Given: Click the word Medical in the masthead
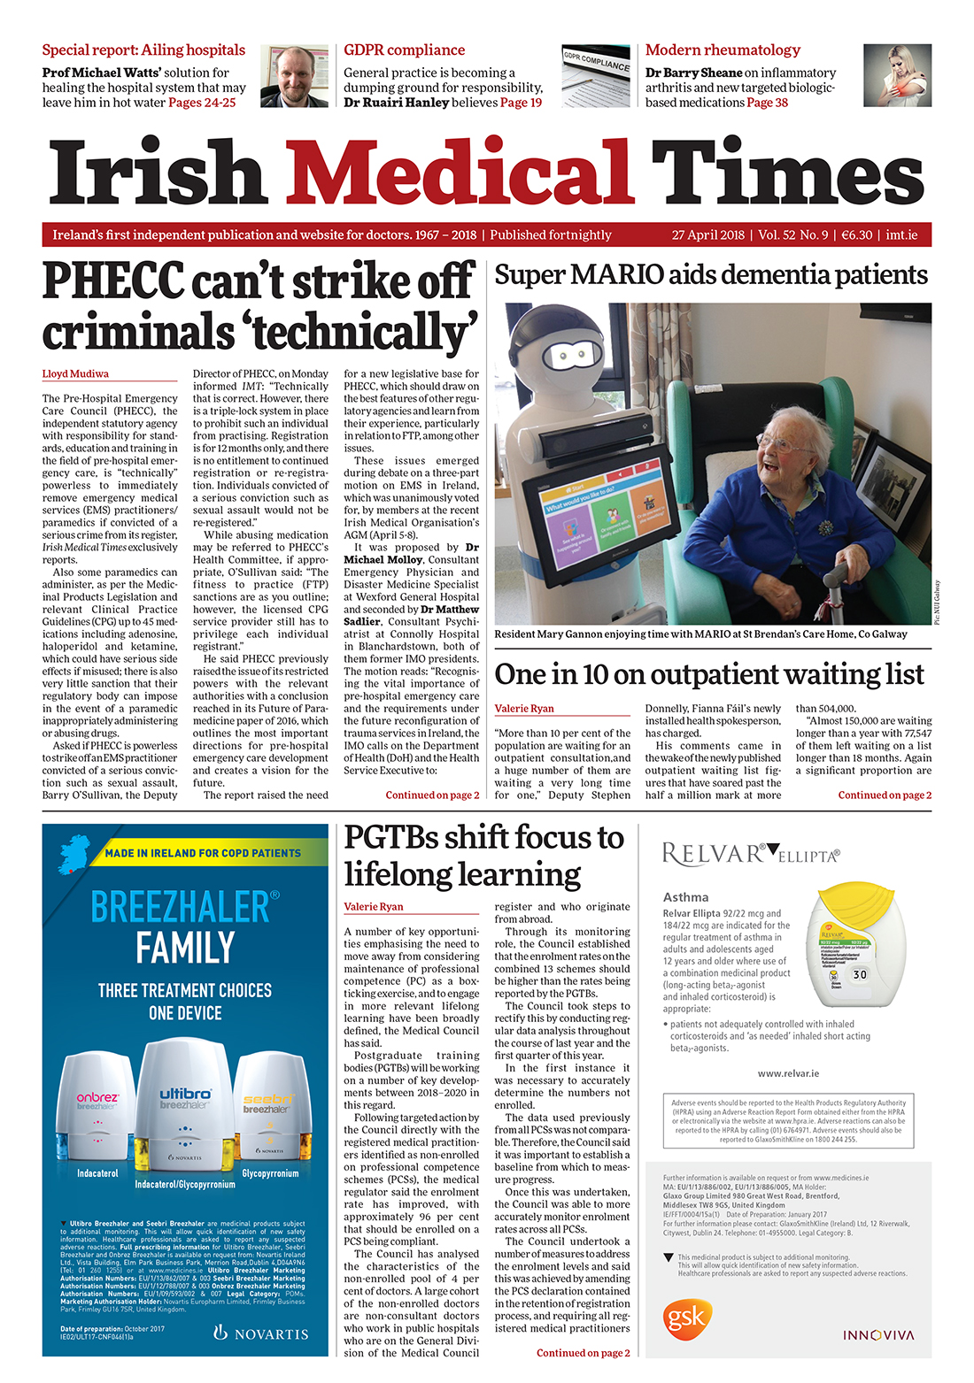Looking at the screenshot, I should coord(460,173).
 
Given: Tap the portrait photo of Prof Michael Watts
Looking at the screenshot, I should coord(295,76).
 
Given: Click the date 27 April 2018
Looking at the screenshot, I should coord(707,235).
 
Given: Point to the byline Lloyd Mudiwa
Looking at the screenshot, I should coord(75,374).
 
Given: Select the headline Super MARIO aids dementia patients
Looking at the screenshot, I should coord(711,275).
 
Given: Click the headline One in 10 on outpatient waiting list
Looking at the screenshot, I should coord(708,675).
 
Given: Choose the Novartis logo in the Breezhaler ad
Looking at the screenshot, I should coord(261,1333).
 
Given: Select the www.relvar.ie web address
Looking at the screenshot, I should coord(788,1073).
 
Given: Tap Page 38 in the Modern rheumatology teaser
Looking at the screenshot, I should coord(767,103).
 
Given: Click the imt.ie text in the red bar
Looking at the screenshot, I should coord(901,235).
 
